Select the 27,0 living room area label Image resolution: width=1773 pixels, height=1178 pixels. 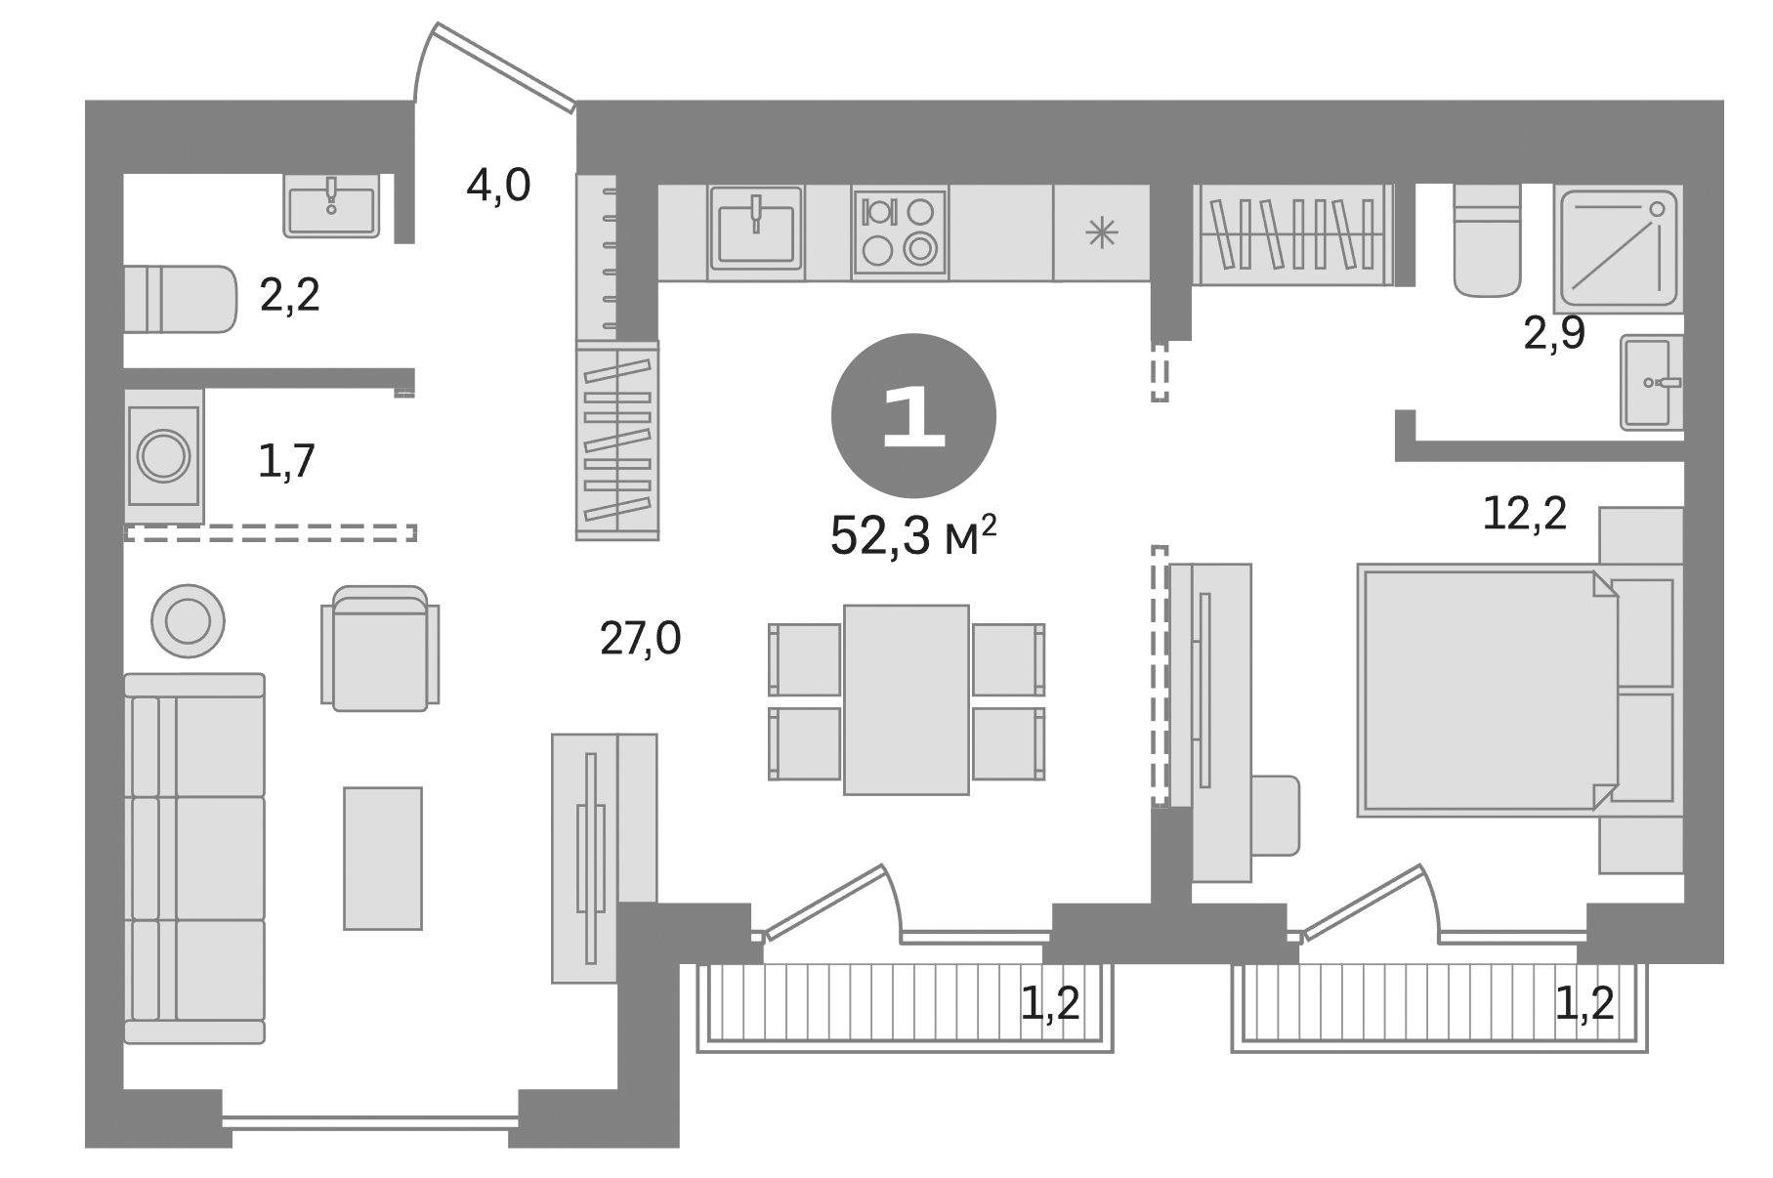[640, 639]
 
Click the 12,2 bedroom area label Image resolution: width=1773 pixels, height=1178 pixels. [1524, 514]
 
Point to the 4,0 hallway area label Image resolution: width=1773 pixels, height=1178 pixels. [498, 186]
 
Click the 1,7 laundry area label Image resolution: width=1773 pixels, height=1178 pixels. [286, 461]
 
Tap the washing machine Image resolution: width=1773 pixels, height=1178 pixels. [164, 455]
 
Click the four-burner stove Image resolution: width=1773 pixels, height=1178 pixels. [900, 232]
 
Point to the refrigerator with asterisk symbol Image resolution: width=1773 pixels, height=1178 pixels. [1101, 232]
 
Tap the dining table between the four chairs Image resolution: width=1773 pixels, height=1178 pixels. [906, 699]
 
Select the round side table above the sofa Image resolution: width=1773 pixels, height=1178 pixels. [188, 620]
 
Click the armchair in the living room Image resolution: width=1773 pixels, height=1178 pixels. [380, 650]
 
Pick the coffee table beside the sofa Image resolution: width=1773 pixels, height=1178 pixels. [382, 858]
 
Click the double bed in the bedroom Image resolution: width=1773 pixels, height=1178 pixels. [1485, 690]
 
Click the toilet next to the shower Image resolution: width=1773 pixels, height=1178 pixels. [1486, 240]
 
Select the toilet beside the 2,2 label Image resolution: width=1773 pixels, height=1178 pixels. [180, 299]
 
